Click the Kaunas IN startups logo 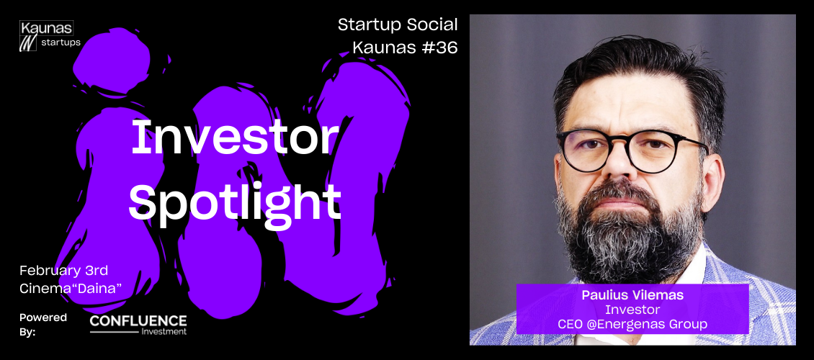coord(50,36)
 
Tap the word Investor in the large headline coord(235,138)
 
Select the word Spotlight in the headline coord(235,202)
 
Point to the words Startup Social coord(398,24)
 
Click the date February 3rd coord(64,270)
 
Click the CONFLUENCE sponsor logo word coord(138,321)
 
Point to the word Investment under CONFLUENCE coord(164,331)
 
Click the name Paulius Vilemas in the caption coord(632,296)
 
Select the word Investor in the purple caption coord(632,310)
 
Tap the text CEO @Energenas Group coord(632,325)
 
